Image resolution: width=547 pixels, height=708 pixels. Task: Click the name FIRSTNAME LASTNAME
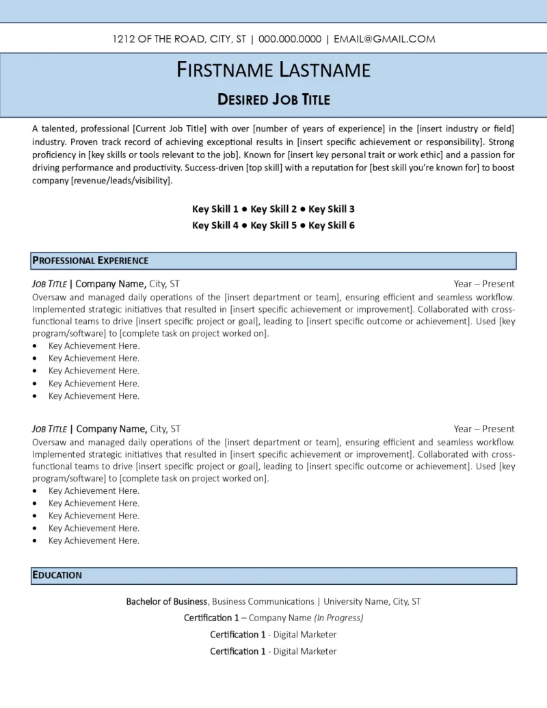(273, 70)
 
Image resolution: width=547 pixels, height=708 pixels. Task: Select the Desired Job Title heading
(273, 100)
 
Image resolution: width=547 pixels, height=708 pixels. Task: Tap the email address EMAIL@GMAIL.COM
(384, 39)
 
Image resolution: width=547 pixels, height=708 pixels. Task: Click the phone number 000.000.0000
(290, 39)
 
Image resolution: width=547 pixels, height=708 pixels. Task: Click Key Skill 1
(215, 209)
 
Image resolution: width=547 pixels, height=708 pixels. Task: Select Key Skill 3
(332, 209)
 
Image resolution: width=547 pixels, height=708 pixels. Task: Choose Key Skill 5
(273, 226)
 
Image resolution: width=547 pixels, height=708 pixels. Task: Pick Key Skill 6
(332, 226)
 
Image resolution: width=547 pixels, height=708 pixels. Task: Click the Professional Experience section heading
(90, 261)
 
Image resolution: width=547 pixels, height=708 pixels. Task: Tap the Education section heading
(57, 575)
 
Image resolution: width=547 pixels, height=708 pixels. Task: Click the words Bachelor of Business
(166, 602)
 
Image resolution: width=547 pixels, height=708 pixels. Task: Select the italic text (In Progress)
(338, 618)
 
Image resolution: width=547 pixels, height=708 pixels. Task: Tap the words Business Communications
(263, 602)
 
